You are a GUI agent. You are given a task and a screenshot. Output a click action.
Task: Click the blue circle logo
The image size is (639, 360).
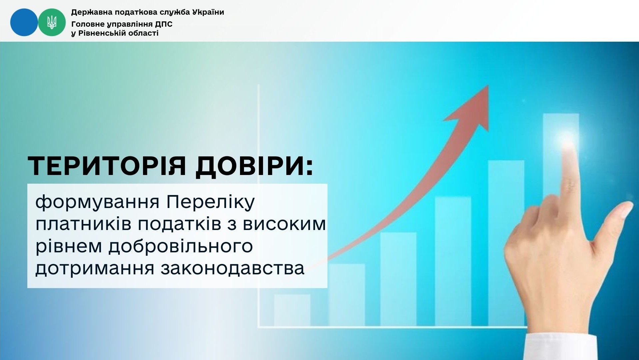(24, 22)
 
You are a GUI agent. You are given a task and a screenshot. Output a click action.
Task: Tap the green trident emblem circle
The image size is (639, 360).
(52, 22)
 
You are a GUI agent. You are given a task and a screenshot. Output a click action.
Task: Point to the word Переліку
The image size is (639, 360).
(211, 202)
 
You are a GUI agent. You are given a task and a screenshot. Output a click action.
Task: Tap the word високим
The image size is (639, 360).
(284, 224)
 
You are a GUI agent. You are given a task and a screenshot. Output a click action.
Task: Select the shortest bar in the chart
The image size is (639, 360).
(292, 310)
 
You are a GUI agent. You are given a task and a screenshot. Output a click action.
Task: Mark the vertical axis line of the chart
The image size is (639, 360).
(259, 205)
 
